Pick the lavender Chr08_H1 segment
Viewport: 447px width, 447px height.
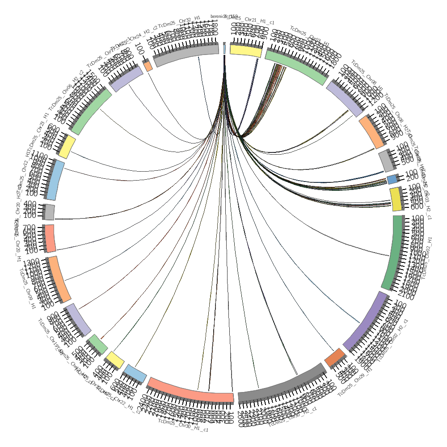point(344,98)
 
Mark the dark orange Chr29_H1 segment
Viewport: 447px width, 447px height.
point(335,357)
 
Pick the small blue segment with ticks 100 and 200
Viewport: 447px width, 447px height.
point(392,179)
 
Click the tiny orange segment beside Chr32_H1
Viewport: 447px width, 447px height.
point(148,66)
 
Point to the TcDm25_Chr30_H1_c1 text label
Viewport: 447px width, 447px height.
point(183,426)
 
